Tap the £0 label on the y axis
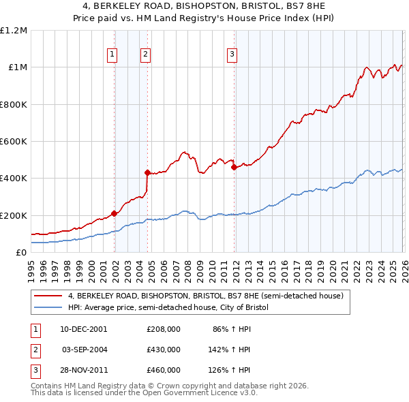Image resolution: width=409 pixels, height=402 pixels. click(20, 252)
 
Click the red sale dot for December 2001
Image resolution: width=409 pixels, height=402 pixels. click(114, 214)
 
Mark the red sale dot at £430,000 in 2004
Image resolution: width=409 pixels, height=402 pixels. click(147, 173)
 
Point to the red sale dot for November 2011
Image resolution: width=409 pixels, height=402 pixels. click(234, 167)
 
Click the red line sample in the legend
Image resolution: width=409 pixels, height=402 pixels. click(48, 296)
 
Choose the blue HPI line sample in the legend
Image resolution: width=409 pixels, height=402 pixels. click(48, 308)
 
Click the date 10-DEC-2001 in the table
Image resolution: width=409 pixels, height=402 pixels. click(84, 329)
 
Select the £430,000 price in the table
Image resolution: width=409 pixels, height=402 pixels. click(164, 349)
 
